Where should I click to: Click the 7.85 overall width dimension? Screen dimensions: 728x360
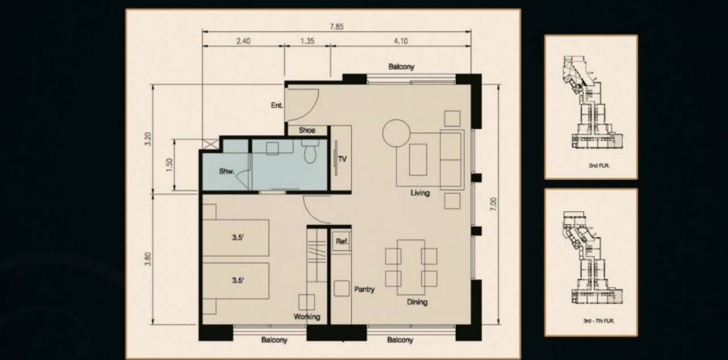tap(337, 26)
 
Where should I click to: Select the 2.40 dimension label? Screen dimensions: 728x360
tap(243, 41)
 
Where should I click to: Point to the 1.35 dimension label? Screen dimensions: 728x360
tap(308, 41)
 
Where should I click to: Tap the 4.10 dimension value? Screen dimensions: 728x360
tap(401, 41)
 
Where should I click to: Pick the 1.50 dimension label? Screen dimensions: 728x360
tap(169, 165)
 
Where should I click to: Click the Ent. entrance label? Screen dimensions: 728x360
tap(276, 106)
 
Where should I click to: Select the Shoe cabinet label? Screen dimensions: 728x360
tap(307, 130)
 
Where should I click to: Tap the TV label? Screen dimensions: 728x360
tap(343, 160)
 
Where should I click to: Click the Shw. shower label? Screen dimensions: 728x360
tap(227, 171)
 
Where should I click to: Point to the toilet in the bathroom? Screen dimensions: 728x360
tap(308, 152)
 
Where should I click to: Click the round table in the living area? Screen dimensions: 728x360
tap(396, 133)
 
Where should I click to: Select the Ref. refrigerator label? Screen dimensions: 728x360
tap(342, 241)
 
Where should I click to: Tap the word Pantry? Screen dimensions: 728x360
tap(364, 290)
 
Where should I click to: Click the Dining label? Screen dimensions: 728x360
tap(417, 303)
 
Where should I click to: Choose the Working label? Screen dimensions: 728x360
tap(307, 317)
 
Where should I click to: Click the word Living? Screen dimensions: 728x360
tap(420, 193)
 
